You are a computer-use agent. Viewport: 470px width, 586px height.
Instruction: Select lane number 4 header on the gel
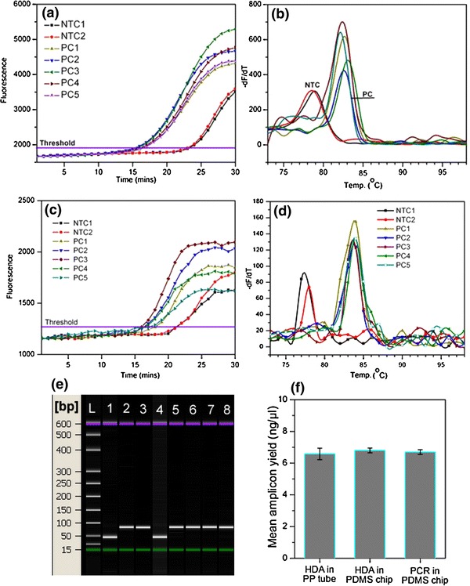tap(161, 409)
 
